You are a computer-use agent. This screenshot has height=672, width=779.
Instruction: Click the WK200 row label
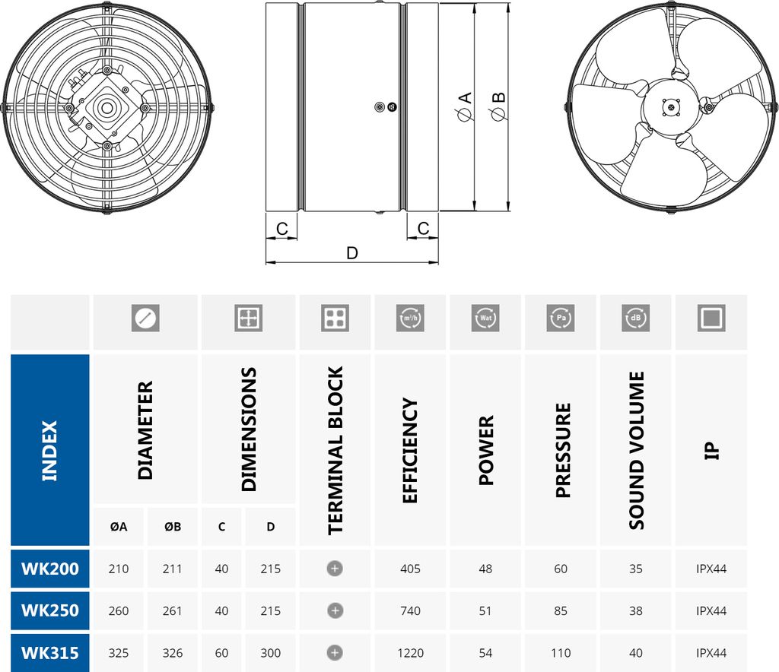click(50, 569)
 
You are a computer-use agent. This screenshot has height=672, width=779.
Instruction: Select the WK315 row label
click(50, 653)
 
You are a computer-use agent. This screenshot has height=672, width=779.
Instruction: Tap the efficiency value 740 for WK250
click(411, 610)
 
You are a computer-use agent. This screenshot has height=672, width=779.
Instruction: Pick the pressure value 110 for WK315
click(561, 653)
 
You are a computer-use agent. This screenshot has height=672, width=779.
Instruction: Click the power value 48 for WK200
click(485, 569)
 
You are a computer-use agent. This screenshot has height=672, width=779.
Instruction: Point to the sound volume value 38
click(636, 610)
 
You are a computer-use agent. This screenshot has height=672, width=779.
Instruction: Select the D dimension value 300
click(270, 653)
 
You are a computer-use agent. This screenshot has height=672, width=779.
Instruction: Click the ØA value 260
click(119, 610)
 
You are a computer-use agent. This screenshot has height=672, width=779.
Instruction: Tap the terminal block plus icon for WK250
click(335, 610)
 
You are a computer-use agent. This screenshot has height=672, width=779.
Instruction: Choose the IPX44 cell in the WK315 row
click(711, 653)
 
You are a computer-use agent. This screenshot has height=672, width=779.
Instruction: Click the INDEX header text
click(50, 450)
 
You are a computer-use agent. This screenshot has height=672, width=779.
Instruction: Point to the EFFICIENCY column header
click(411, 450)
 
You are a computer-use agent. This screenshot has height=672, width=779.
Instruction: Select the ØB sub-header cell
click(173, 526)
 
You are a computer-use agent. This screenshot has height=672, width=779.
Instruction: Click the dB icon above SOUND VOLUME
click(636, 318)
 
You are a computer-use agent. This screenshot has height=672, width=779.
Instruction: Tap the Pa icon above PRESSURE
click(561, 318)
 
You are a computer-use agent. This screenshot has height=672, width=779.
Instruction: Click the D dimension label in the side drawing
click(351, 253)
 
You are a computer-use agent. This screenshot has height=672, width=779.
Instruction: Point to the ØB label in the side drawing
click(498, 107)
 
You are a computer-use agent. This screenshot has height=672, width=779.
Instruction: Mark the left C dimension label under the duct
click(281, 228)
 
